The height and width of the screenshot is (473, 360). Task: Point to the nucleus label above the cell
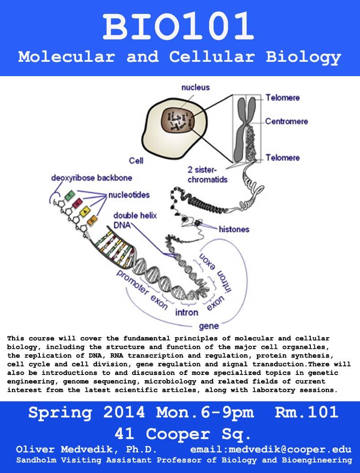point(195,87)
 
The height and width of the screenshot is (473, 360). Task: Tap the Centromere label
point(286,121)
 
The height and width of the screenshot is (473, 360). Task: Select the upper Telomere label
point(283,97)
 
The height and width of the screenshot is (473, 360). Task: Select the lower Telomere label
point(283,158)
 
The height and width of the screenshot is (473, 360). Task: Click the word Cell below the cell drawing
point(136,160)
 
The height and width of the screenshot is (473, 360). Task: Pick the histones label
point(234,229)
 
